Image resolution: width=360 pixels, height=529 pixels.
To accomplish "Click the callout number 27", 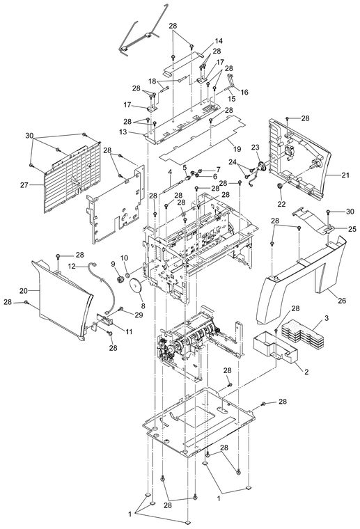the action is coord(24,185).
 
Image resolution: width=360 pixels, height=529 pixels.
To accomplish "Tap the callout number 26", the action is coord(342,300).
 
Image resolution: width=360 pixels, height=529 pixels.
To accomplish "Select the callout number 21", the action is coord(345,175).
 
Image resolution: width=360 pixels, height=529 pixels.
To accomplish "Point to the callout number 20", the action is coord(23,290).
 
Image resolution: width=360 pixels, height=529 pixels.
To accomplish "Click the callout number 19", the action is coord(237,149).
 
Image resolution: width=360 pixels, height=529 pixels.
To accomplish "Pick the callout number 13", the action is coord(123,132).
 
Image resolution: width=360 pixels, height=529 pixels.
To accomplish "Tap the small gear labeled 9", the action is coord(119,278).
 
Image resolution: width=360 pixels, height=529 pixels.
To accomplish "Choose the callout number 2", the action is coord(306,372).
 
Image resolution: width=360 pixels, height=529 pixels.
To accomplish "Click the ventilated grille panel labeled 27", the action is coord(72,178).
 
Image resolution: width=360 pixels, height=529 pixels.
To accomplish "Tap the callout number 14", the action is coord(219,41).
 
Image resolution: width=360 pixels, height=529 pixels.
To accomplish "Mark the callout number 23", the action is coord(255,147).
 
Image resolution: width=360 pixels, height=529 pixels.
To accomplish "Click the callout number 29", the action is coord(139,315).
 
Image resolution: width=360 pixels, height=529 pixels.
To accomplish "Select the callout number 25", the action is coord(352,229).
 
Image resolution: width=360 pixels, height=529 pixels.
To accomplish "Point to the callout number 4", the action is coord(170,172).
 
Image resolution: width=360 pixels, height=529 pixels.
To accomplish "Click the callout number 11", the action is coord(129,331).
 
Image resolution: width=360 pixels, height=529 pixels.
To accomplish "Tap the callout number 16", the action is coord(244,92).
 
